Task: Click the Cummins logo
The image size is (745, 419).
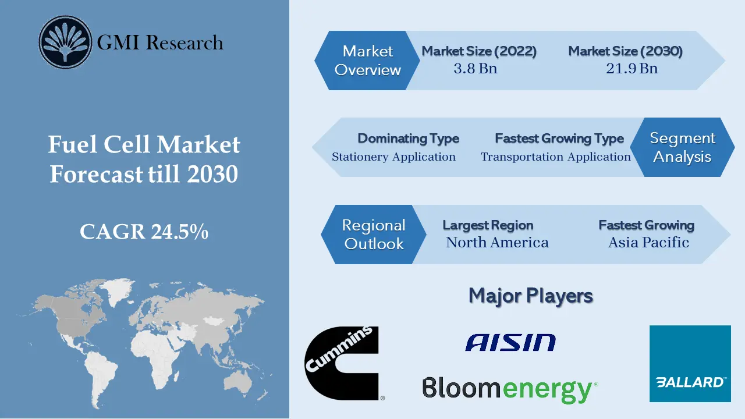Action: tap(342, 363)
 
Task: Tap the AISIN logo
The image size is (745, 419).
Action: tap(510, 342)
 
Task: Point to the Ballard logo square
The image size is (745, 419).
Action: tap(690, 364)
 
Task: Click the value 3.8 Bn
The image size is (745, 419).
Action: tap(476, 69)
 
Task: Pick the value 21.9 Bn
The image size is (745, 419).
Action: tap(632, 69)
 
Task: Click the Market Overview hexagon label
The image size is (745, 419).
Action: tap(367, 61)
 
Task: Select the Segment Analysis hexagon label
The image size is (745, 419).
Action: tap(682, 147)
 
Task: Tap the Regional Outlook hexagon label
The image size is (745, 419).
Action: tap(374, 235)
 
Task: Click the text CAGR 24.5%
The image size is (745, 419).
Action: tap(144, 232)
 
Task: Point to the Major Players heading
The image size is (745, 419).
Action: tap(530, 296)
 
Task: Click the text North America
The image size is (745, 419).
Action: tap(497, 243)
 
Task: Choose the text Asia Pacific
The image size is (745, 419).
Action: tap(648, 243)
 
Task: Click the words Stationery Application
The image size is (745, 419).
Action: tap(393, 157)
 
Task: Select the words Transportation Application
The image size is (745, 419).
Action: tap(555, 157)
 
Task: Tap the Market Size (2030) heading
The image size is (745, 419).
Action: tap(625, 51)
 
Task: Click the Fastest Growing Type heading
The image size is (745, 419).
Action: tap(559, 139)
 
